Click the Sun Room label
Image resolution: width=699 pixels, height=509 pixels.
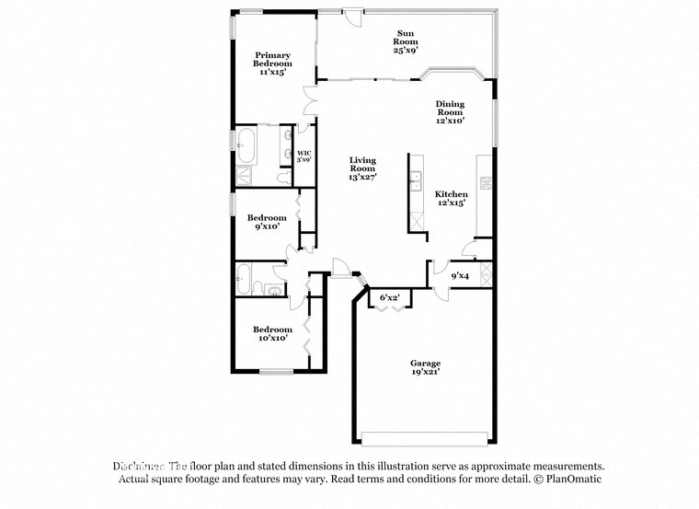[406, 41]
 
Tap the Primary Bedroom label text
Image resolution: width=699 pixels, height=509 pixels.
[273, 63]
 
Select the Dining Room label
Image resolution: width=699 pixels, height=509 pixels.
[450, 111]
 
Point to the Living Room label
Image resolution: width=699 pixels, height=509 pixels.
[362, 168]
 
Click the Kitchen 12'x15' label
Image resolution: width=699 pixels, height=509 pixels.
[451, 198]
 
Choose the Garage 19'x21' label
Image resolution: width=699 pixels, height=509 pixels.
[425, 367]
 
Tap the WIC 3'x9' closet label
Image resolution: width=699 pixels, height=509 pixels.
[303, 156]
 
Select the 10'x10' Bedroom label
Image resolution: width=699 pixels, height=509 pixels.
[272, 333]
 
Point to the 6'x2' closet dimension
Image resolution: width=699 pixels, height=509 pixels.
[389, 297]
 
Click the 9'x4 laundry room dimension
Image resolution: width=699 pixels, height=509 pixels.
[460, 274]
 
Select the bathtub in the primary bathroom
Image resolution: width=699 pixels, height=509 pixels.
[246, 142]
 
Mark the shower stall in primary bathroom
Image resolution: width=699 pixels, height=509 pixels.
[246, 177]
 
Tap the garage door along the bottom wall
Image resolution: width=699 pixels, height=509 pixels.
[425, 437]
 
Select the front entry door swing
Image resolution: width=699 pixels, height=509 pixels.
[341, 267]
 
